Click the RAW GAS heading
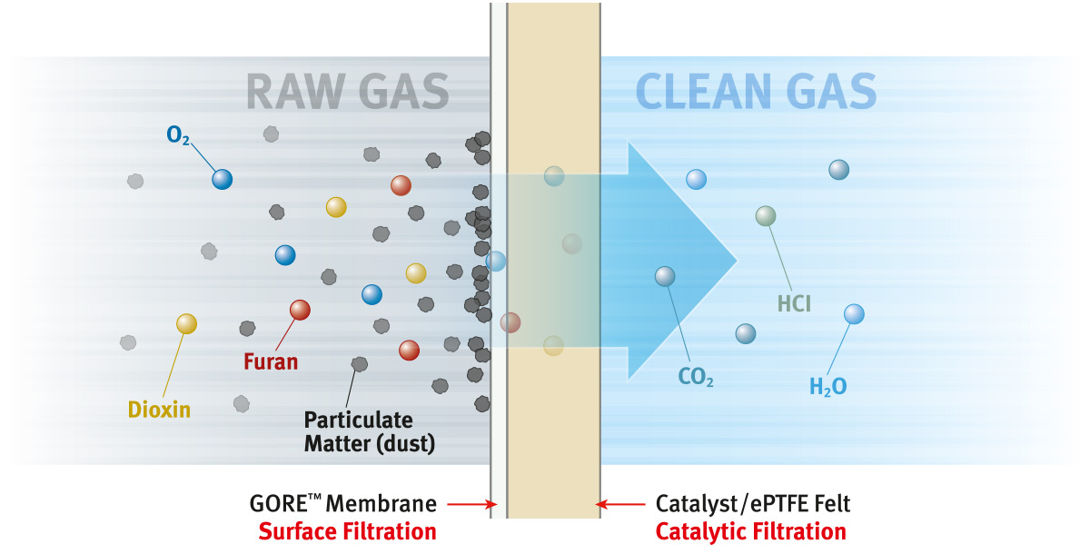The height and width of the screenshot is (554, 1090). point(347,92)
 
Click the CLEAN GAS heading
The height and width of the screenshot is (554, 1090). point(756,92)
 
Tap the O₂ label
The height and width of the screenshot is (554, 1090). point(177,136)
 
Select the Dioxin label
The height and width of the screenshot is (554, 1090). point(159,409)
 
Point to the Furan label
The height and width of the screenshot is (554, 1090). point(271,361)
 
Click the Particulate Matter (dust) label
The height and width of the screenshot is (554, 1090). point(358,432)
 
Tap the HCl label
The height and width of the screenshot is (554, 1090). point(794,303)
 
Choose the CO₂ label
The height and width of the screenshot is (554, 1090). point(696,377)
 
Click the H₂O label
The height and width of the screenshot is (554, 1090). point(827,387)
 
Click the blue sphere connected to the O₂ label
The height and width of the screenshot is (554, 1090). point(223,179)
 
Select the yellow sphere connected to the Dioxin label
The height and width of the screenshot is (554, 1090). point(186,322)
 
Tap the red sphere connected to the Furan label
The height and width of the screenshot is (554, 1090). point(300,310)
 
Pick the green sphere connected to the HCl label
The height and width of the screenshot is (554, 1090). point(766,215)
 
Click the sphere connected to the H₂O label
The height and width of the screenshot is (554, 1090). point(854,314)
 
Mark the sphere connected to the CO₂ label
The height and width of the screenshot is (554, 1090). point(665,276)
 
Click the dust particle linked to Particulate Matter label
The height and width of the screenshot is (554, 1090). point(360,364)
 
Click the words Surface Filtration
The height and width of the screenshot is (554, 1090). point(348,531)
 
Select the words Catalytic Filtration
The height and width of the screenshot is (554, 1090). point(750,531)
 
